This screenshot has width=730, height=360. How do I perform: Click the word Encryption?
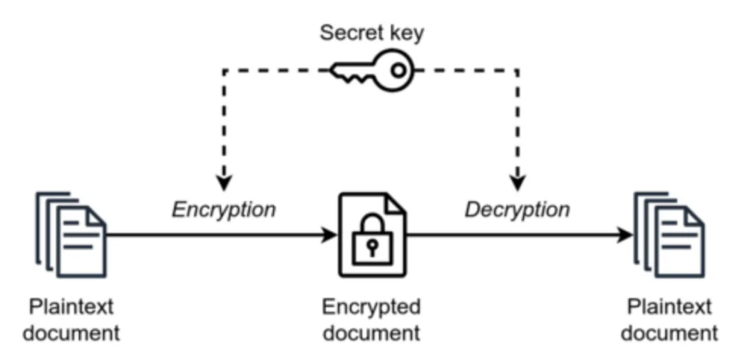pos(224,210)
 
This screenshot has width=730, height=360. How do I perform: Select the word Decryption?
pos(517,210)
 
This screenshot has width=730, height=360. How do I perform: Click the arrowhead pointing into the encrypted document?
pos(329,235)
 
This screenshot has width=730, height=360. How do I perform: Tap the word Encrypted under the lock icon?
pos(371,307)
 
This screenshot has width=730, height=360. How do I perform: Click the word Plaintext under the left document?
pos(71,307)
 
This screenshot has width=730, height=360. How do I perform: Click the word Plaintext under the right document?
pos(669,307)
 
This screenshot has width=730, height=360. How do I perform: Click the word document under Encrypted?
pos(371,332)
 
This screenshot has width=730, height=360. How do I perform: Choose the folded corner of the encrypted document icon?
pos(394,204)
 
